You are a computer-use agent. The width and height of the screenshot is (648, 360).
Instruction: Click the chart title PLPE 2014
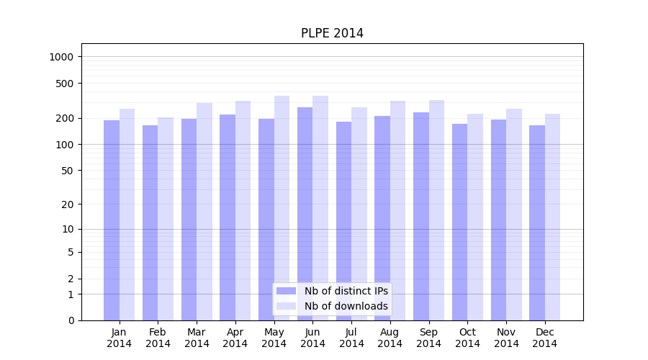click(332, 34)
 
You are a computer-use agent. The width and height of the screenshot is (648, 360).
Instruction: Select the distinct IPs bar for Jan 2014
click(112, 220)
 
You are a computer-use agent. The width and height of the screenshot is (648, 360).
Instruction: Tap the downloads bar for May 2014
click(282, 208)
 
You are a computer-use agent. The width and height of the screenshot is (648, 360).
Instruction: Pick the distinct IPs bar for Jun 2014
click(305, 214)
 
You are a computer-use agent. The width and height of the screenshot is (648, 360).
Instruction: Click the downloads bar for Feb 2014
click(166, 219)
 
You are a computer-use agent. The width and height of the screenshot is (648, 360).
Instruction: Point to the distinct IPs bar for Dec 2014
click(537, 222)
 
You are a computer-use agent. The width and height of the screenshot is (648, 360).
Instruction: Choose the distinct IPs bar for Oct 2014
click(459, 222)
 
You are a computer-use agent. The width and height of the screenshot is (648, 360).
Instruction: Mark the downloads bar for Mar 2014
click(204, 212)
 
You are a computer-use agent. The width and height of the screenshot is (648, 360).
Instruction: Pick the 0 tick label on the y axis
click(71, 320)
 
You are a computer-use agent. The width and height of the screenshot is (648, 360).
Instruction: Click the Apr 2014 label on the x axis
click(235, 338)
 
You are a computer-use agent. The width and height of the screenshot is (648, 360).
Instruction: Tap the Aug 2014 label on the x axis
click(390, 338)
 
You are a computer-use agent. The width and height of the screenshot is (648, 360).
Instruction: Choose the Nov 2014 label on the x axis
click(506, 338)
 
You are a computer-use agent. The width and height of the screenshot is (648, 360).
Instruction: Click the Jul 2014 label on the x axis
click(351, 338)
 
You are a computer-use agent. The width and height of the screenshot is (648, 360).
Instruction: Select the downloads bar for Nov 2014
click(514, 215)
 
